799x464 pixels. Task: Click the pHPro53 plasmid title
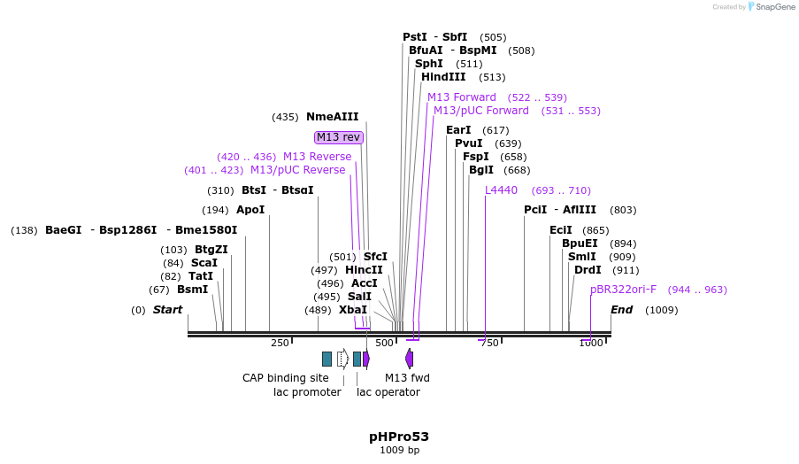[399, 437]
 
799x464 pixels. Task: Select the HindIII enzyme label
[442, 77]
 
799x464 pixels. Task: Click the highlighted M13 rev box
[339, 137]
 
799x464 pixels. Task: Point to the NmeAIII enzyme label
[332, 117]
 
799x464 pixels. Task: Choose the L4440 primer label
[501, 190]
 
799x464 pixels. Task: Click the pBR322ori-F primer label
[623, 290]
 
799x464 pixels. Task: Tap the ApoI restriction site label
[250, 210]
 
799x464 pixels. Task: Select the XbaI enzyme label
[352, 310]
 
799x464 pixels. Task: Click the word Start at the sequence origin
[167, 310]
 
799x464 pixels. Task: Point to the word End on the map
[621, 310]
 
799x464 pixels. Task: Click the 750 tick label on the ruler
[488, 344]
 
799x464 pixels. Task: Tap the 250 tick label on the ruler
[280, 344]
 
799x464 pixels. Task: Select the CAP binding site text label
[286, 378]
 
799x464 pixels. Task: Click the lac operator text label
[388, 392]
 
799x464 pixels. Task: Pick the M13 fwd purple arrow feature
[409, 359]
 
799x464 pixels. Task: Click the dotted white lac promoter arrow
[342, 359]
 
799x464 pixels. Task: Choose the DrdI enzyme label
[588, 270]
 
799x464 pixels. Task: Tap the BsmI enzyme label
[192, 290]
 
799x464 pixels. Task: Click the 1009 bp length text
[399, 451]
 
